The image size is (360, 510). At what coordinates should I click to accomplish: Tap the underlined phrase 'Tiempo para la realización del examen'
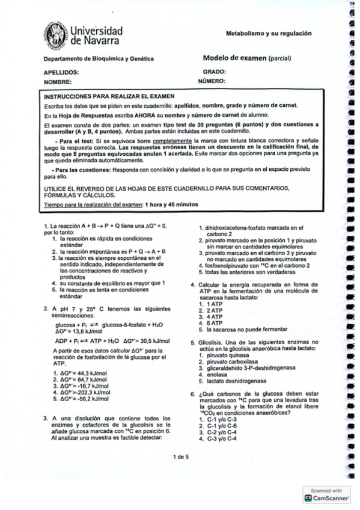coord(91,204)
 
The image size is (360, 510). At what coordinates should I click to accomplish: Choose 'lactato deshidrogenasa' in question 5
coord(237,381)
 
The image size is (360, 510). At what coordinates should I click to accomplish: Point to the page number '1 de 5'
coord(180,457)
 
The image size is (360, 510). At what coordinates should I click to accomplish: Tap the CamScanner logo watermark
coord(326,497)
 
